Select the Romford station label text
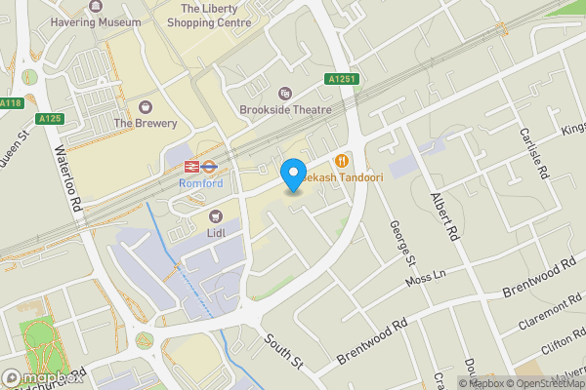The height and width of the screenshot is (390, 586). point(200,183)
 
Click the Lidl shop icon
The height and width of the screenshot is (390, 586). point(216,214)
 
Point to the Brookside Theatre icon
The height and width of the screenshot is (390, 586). point(284,93)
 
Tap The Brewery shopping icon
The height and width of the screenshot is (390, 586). point(146,106)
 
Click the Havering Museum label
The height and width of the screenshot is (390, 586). point(94,21)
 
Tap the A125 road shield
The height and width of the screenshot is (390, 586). point(51,119)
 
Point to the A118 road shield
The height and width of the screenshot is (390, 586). point(11,103)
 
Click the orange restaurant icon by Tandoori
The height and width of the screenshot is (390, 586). point(341,161)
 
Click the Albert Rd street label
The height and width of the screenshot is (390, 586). point(444,216)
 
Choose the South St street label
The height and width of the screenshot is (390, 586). point(284,351)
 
